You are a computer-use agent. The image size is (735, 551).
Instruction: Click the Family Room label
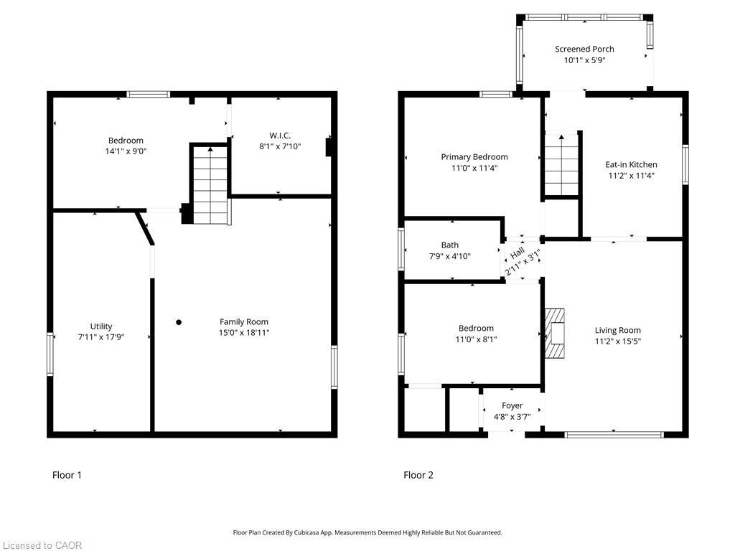(244, 321)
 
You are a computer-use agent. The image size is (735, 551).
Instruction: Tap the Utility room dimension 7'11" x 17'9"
(101, 336)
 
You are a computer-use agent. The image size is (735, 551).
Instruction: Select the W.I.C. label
(280, 135)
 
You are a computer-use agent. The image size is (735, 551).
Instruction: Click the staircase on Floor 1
(210, 184)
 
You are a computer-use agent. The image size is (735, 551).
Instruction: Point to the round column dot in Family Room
(179, 322)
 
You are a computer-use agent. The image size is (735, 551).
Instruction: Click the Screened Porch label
(584, 49)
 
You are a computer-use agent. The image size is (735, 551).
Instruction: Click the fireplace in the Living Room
(555, 333)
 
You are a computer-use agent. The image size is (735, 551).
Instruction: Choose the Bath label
(450, 245)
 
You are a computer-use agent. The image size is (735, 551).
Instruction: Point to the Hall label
(516, 254)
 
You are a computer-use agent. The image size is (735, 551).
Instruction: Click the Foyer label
(512, 405)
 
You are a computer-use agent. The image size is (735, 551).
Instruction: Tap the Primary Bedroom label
(474, 156)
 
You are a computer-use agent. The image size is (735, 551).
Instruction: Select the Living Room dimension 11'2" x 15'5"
(617, 342)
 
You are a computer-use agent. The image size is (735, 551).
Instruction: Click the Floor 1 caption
(67, 475)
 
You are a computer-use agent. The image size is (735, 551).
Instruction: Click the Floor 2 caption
(418, 475)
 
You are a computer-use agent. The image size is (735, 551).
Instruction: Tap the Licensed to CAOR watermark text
(42, 545)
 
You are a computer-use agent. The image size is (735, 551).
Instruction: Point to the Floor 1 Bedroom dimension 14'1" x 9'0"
(126, 151)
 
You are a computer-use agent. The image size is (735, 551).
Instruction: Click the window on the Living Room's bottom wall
(614, 434)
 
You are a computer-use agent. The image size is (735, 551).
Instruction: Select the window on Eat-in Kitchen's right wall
(685, 164)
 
